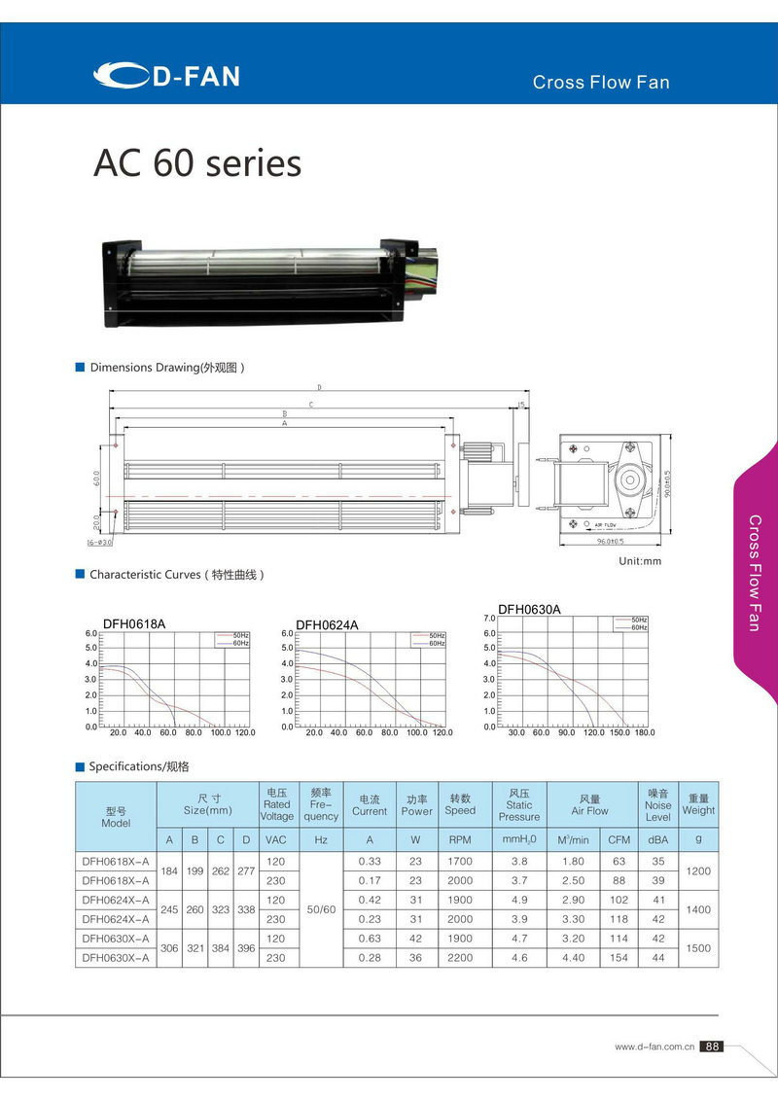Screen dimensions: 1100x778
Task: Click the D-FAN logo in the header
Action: pyautogui.click(x=166, y=75)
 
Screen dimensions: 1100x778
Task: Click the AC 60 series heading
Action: pyautogui.click(x=197, y=163)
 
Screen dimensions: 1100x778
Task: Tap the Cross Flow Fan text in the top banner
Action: pyautogui.click(x=600, y=83)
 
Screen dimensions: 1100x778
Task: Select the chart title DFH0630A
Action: pyautogui.click(x=529, y=610)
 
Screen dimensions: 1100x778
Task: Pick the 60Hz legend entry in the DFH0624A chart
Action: pyautogui.click(x=437, y=643)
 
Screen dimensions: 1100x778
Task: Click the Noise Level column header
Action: pyautogui.click(x=657, y=804)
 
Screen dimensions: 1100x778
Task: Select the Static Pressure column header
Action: pyautogui.click(x=518, y=804)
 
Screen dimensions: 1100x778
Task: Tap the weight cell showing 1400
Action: pyautogui.click(x=697, y=909)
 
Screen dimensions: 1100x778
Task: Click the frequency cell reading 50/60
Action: pyautogui.click(x=320, y=909)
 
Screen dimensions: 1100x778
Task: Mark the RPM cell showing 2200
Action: pyautogui.click(x=460, y=958)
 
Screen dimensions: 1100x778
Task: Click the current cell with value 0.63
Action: pyautogui.click(x=370, y=939)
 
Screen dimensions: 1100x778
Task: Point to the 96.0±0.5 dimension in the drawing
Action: pyautogui.click(x=610, y=542)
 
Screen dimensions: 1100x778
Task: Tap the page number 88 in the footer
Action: pyautogui.click(x=712, y=1047)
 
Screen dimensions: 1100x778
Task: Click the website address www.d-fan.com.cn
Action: pyautogui.click(x=654, y=1047)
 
